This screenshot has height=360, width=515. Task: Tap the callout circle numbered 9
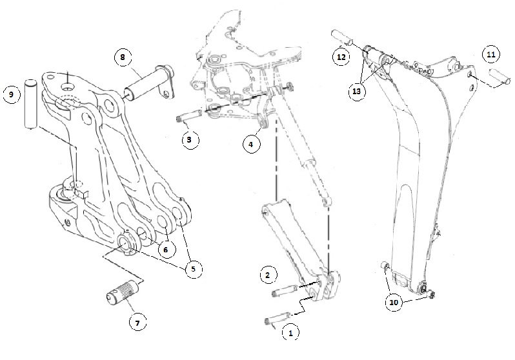click(11, 95)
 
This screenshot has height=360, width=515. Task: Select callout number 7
click(136, 323)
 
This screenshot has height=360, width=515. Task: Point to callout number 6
click(166, 248)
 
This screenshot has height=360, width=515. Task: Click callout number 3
click(188, 138)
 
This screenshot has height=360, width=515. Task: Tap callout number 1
click(290, 334)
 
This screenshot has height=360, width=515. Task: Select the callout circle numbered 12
click(341, 57)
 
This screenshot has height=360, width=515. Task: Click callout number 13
click(357, 91)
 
